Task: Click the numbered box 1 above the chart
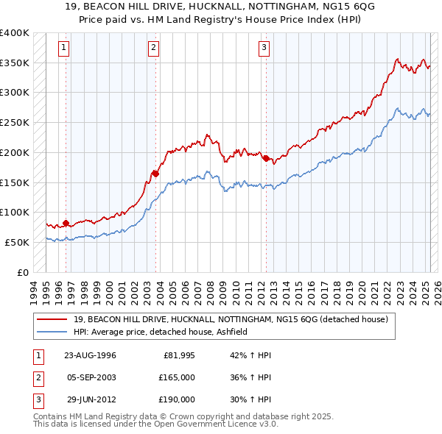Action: (x=65, y=49)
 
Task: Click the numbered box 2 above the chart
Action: (x=153, y=49)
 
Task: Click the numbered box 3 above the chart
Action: (x=264, y=49)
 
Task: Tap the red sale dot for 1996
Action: (x=66, y=223)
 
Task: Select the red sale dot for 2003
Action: (x=155, y=174)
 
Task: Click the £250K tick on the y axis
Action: (x=15, y=122)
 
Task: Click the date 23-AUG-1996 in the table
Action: (x=91, y=356)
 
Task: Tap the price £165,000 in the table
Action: (x=178, y=377)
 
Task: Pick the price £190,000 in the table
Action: (x=178, y=399)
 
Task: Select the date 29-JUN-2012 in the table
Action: (x=90, y=399)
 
